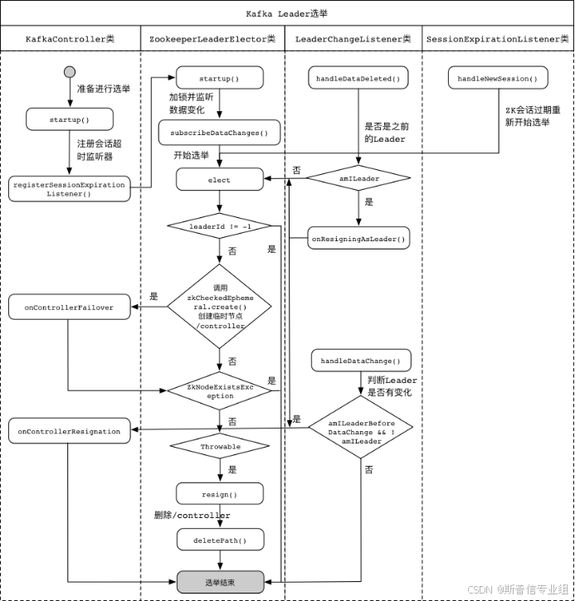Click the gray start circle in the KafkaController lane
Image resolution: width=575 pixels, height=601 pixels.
[x=70, y=73]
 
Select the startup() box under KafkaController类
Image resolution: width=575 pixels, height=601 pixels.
[x=70, y=119]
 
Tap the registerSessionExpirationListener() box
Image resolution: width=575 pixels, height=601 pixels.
[x=70, y=189]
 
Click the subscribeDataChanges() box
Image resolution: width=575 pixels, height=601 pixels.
[x=220, y=132]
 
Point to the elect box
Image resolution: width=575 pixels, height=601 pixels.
[x=220, y=180]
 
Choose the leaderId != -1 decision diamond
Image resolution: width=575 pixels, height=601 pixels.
[x=220, y=225]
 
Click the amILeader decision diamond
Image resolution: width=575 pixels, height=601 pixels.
[x=358, y=177]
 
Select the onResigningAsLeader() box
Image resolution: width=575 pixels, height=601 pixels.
[x=358, y=239]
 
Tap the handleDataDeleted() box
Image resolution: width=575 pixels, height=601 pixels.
[x=358, y=79]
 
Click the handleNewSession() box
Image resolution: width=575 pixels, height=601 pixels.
[x=498, y=79]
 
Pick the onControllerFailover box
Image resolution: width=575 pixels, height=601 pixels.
[x=70, y=308]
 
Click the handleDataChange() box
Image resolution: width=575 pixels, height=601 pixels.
[x=361, y=361]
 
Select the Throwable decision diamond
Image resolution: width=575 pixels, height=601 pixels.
[x=220, y=447]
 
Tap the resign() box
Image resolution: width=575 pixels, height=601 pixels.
[x=220, y=494]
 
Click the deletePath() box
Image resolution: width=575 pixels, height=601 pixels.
[x=220, y=540]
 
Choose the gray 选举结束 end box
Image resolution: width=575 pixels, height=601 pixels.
[x=220, y=581]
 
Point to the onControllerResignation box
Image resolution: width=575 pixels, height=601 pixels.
[x=70, y=431]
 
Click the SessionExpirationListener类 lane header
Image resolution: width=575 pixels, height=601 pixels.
[x=497, y=39]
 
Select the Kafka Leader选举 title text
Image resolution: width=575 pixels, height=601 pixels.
[x=287, y=14]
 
